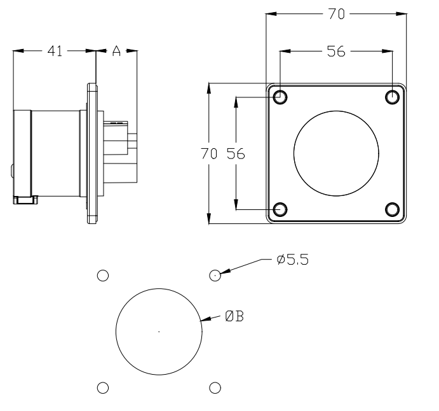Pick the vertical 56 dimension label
pyautogui.click(x=236, y=154)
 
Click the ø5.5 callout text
pyautogui.click(x=293, y=260)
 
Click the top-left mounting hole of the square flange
pyautogui.click(x=280, y=97)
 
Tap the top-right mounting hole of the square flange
pyautogui.click(x=393, y=97)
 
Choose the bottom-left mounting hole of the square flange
pyautogui.click(x=280, y=209)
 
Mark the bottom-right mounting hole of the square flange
pyautogui.click(x=393, y=209)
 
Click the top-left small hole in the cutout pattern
pyautogui.click(x=102, y=275)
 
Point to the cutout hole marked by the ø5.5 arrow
pyautogui.click(x=215, y=275)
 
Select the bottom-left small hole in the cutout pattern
pyautogui.click(x=102, y=387)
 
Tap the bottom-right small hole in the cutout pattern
pyautogui.click(x=215, y=387)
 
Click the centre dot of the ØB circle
pyautogui.click(x=159, y=331)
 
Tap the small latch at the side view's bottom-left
pyautogui.click(x=25, y=200)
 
